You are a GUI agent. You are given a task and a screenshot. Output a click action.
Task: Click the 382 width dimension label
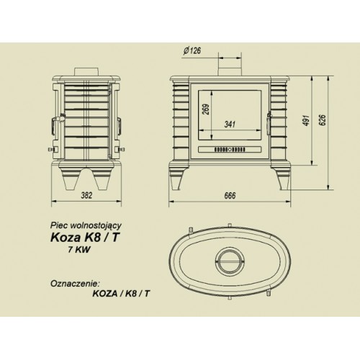(86, 195)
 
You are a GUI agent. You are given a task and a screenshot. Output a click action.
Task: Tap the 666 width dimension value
(230, 195)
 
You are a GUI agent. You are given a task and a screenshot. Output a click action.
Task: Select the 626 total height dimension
(323, 120)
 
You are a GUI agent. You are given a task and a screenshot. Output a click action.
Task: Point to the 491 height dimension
(307, 120)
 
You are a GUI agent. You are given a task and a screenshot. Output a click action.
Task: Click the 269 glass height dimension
(206, 109)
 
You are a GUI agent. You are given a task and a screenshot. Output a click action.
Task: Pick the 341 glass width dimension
(230, 124)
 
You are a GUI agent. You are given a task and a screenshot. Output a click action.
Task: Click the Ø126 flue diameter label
(192, 50)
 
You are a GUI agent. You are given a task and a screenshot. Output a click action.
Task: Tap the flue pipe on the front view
(230, 63)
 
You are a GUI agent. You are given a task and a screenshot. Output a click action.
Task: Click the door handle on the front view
(269, 120)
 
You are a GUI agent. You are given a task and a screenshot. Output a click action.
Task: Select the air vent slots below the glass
(230, 150)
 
